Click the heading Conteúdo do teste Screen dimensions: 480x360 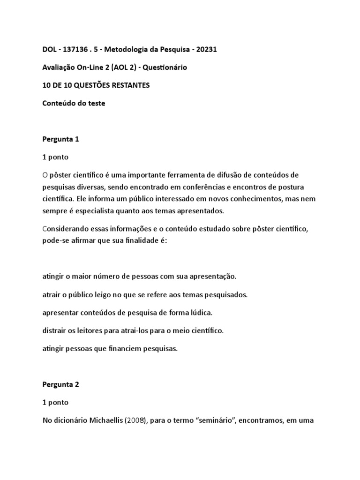pos(74,103)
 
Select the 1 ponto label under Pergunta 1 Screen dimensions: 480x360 pos(55,157)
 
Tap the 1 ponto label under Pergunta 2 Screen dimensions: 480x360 pos(55,402)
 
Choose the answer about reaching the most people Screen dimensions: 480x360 pos(139,277)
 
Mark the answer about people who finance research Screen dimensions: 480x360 pos(110,348)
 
